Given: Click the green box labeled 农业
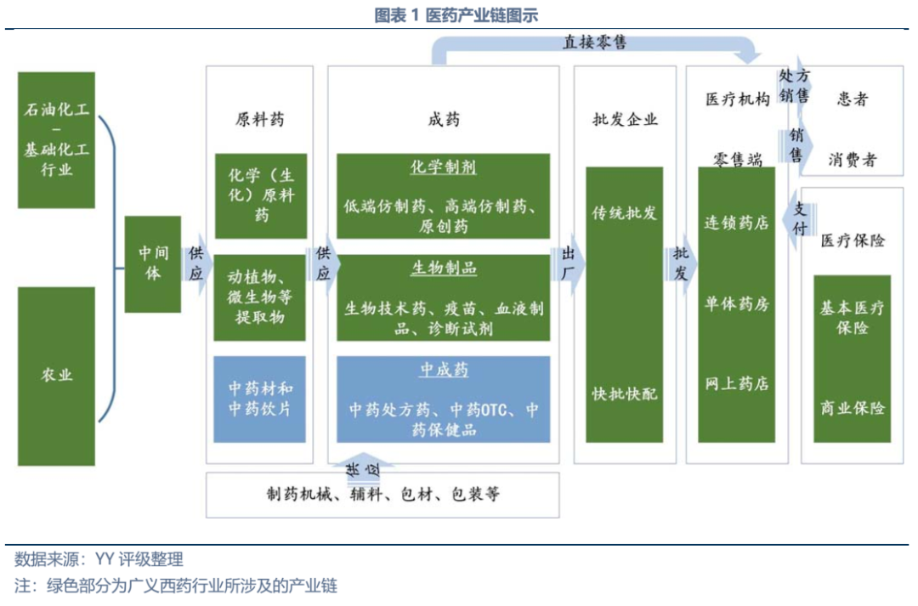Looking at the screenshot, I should point(57,375).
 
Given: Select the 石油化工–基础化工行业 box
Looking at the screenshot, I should point(57,139).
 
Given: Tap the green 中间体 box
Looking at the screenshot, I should point(152,263).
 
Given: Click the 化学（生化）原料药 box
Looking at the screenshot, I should point(260,195).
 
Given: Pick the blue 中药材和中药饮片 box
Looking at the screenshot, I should point(260,399).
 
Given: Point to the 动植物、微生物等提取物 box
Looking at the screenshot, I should point(260,297).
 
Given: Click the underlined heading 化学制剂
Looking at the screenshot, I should point(443,167).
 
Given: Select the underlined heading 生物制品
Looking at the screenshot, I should point(443,269).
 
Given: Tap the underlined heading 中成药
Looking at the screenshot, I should point(443,371).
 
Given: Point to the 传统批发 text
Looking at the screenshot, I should point(625,212).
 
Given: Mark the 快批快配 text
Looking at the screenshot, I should point(625,394).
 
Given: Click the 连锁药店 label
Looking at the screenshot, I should point(736,223).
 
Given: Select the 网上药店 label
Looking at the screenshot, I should point(736,383).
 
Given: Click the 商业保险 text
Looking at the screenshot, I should point(852,408).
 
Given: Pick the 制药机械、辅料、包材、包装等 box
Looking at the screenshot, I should point(382,495).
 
